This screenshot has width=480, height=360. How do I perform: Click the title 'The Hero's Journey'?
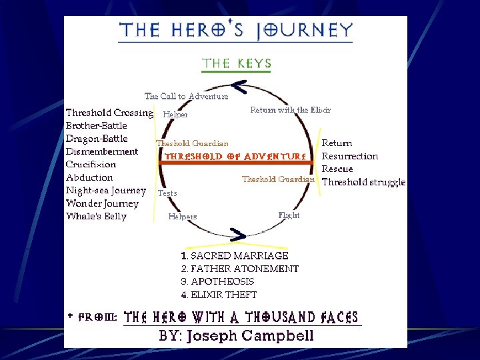[235, 31]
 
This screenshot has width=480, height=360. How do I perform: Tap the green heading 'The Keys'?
[237, 64]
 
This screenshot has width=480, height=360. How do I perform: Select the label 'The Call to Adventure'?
[186, 96]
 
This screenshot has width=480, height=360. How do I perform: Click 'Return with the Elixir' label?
[290, 110]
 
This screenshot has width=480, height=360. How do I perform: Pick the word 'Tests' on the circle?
[167, 193]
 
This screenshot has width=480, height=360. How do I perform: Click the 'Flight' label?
[289, 215]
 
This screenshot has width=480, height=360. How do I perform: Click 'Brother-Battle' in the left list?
[97, 125]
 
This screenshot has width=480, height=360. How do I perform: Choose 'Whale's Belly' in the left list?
[96, 216]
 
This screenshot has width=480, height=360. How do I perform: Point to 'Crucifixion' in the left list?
[91, 164]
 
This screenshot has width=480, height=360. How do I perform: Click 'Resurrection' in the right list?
[350, 156]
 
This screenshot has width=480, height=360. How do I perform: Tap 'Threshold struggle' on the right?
[363, 182]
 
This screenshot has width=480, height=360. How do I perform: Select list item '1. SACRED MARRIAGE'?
[235, 255]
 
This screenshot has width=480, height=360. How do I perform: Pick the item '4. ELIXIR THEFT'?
[219, 295]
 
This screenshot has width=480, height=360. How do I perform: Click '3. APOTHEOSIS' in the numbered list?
[217, 281]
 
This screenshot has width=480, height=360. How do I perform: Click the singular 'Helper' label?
[175, 115]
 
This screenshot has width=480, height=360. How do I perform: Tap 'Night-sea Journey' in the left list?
[105, 190]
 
